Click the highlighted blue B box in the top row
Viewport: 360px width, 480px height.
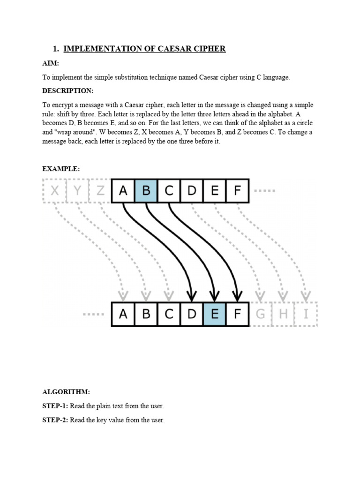click(x=146, y=191)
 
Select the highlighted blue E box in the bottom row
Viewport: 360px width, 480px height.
click(x=214, y=314)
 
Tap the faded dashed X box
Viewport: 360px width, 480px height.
click(x=55, y=191)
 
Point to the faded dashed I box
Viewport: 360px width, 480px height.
click(x=306, y=314)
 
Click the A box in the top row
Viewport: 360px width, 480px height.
click(x=123, y=191)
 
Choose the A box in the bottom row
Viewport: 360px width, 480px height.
click(x=123, y=314)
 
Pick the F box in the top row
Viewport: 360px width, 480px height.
click(x=237, y=191)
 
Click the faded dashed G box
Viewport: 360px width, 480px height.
click(x=260, y=314)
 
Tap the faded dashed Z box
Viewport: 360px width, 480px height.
click(x=100, y=191)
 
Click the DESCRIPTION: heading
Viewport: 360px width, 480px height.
click(x=68, y=91)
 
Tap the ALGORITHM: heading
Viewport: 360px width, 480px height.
click(x=66, y=392)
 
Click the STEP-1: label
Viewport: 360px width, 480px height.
click(x=55, y=406)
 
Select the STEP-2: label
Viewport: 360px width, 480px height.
click(x=55, y=420)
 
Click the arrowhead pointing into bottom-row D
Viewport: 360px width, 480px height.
click(x=191, y=296)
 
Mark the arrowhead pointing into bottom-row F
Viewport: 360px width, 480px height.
click(x=237, y=296)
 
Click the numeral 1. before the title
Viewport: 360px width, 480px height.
click(x=56, y=49)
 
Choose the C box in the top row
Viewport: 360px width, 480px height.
click(x=169, y=191)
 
